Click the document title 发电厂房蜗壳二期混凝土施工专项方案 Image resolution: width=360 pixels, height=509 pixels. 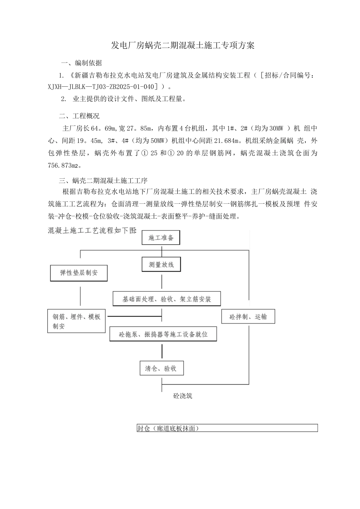[182, 46]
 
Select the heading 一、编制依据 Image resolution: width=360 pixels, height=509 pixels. [82, 63]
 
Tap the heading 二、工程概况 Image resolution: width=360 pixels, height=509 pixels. [79, 116]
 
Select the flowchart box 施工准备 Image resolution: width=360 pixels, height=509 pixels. [161, 238]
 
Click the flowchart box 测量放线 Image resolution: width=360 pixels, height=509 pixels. [161, 264]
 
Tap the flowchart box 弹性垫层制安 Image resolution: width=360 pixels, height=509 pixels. [79, 273]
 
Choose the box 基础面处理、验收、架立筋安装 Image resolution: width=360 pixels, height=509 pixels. [166, 299]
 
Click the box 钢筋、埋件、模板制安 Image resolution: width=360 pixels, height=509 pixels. [76, 321]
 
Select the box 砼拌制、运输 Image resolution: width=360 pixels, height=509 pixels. [248, 317]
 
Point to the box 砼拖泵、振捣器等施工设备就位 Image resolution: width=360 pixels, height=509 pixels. [163, 334]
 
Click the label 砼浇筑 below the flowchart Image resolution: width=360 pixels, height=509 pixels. [183, 396]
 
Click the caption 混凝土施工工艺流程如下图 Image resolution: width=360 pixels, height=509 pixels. [92, 230]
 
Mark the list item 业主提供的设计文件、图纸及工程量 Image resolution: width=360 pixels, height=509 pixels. [129, 99]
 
